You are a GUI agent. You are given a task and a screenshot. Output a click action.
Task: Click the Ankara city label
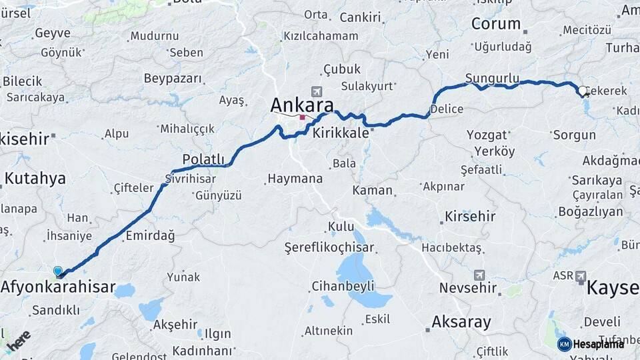point(301,105)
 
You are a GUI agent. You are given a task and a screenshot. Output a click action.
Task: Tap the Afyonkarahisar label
point(58,289)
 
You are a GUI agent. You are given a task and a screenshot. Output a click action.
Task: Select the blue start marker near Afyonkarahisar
point(58,271)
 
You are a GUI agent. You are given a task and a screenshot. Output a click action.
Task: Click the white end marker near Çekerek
point(583,91)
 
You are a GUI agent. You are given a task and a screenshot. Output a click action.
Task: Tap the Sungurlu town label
point(492,78)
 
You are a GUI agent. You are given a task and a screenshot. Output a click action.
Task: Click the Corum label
point(496,24)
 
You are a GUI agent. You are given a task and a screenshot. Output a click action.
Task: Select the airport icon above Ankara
point(315,91)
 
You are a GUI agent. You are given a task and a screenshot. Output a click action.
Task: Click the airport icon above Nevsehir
point(479,275)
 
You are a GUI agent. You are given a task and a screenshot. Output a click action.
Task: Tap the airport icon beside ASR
point(580,275)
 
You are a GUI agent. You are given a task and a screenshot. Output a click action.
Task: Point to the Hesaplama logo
point(591,344)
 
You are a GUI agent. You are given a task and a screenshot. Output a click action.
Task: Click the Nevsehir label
point(468,288)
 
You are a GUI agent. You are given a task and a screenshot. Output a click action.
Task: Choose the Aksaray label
point(461,323)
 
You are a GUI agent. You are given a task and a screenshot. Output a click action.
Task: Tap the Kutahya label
point(35,178)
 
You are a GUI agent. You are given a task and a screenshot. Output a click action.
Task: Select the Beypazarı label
point(173,79)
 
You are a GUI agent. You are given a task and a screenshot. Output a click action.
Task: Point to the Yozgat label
point(487,135)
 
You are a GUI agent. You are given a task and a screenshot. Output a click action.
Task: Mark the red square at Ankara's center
point(302,117)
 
